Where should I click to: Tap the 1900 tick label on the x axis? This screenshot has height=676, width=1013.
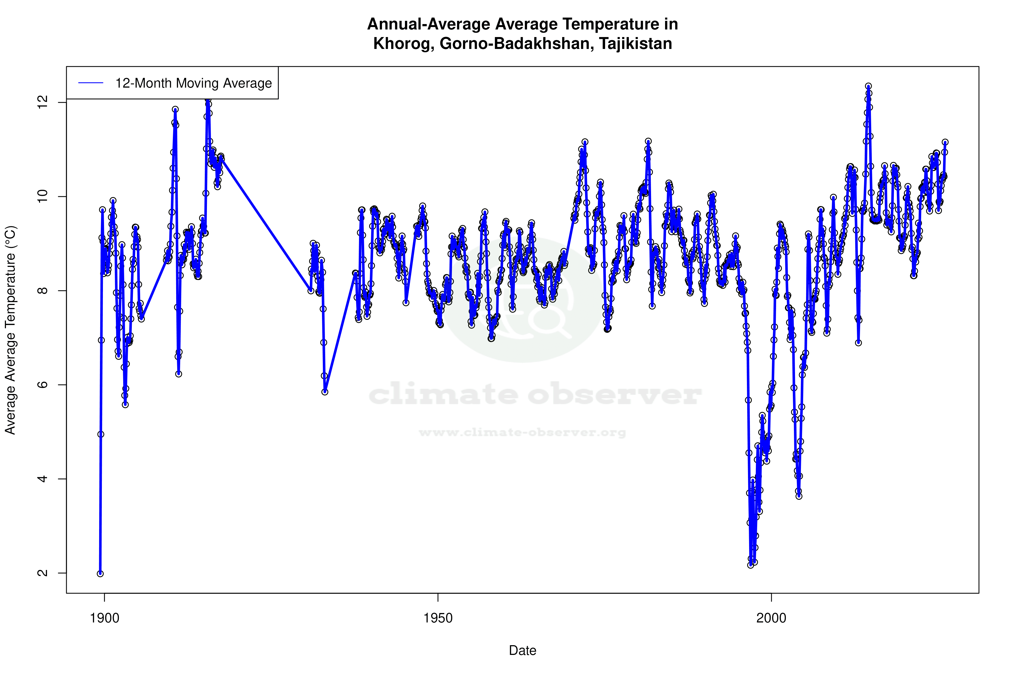tap(104, 618)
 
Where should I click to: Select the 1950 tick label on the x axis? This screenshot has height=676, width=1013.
tap(438, 618)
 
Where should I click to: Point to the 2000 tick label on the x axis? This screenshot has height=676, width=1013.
tap(772, 618)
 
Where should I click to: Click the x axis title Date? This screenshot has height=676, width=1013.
tap(522, 651)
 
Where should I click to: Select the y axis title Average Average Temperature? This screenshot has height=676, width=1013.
tap(10, 330)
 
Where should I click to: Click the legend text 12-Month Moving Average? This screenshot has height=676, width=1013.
tap(193, 83)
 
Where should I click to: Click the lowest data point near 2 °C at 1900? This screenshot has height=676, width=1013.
tap(100, 574)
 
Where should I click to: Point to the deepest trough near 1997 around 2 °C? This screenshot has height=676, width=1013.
tap(751, 565)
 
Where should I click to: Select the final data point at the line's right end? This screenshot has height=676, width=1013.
tap(945, 142)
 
